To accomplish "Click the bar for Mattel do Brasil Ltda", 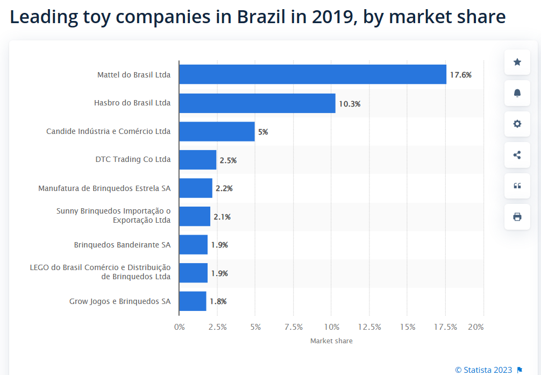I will (x=312, y=74).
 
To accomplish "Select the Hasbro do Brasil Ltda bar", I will (x=257, y=103).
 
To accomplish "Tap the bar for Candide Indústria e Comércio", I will (x=217, y=131).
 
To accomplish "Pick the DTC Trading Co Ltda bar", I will (x=197, y=160).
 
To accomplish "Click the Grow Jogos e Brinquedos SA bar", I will (x=193, y=301).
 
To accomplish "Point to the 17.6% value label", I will (x=461, y=75).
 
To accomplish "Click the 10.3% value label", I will (x=350, y=104).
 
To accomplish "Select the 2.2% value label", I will (x=224, y=188).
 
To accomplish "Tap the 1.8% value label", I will (x=218, y=301).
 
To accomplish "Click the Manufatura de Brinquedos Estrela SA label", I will (x=104, y=188).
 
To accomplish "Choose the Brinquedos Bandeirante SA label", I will (x=122, y=245).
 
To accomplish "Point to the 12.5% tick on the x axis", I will (x=369, y=327).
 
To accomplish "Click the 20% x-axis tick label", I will (x=476, y=327).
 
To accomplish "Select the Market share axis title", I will (x=331, y=341).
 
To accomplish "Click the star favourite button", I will (x=517, y=62).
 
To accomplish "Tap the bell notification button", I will (x=517, y=93).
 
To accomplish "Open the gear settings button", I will (x=517, y=124).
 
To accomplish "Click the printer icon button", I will (x=517, y=217).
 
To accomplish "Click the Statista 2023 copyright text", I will (x=483, y=370).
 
